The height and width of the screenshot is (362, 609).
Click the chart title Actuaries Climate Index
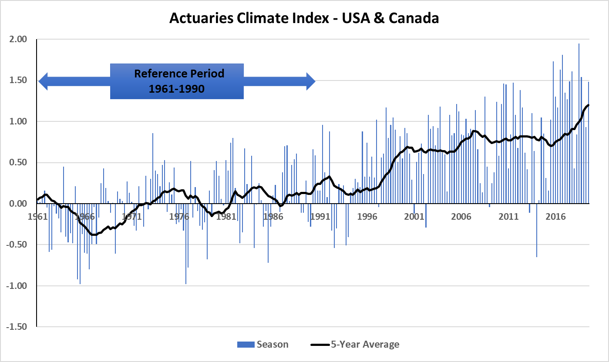(x=303, y=18)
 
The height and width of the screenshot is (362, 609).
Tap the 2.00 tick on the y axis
(x=18, y=39)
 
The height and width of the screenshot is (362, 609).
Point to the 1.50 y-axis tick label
(x=18, y=80)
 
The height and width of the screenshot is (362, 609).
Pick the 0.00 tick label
(x=18, y=204)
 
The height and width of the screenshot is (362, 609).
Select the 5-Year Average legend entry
(x=355, y=345)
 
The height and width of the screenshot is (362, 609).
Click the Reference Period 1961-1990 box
(x=177, y=81)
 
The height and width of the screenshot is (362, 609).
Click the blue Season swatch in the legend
(x=246, y=345)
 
